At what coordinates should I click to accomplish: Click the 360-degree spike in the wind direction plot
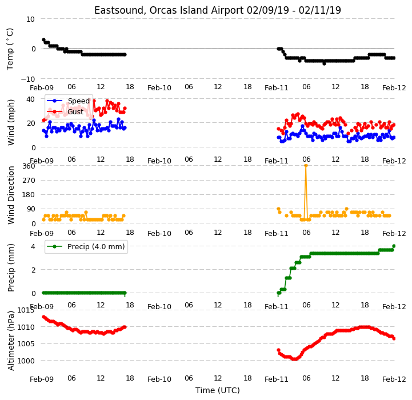tap(306, 166)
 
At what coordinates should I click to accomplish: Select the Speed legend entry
tap(69, 101)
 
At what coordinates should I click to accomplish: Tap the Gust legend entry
tap(65, 111)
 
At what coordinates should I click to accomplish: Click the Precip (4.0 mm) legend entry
tap(86, 246)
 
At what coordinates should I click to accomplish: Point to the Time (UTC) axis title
tap(218, 390)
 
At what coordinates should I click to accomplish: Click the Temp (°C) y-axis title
tap(10, 49)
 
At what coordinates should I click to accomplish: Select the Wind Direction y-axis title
tap(11, 195)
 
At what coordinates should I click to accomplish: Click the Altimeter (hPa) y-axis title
tap(11, 341)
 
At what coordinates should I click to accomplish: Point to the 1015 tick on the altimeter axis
tap(26, 310)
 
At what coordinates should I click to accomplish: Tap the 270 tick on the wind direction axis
tap(29, 181)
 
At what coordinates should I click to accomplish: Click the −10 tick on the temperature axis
tap(28, 79)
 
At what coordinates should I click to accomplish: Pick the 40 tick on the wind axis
tap(30, 99)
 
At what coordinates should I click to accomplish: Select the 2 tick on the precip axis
tap(33, 270)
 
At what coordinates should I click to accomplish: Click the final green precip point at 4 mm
tap(394, 246)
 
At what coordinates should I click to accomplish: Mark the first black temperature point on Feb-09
tap(43, 39)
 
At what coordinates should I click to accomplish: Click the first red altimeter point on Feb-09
tap(43, 317)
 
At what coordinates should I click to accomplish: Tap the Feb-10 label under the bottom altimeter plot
tap(159, 379)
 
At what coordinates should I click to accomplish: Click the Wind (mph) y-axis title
tap(11, 122)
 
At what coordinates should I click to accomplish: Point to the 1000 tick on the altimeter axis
tap(26, 361)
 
